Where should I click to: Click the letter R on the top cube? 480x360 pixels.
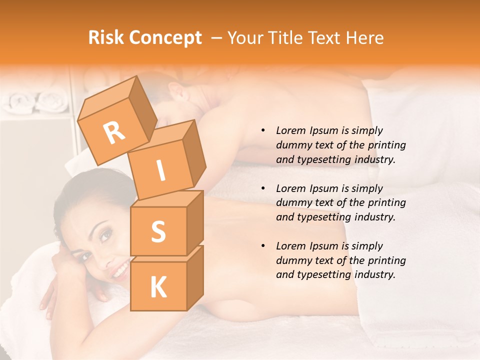click(114, 132)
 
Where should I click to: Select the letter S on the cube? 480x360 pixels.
click(158, 231)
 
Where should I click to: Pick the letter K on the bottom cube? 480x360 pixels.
click(158, 287)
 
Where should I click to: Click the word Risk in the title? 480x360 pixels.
click(106, 38)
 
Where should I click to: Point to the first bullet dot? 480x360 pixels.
click(263, 130)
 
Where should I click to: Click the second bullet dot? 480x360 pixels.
click(263, 188)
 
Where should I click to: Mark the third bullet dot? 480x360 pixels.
click(263, 246)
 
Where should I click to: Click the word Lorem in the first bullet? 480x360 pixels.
click(290, 130)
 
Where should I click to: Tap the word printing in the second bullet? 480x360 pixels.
click(386, 203)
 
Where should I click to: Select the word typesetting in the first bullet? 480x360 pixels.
click(322, 159)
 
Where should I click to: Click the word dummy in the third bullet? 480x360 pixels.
click(291, 260)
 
